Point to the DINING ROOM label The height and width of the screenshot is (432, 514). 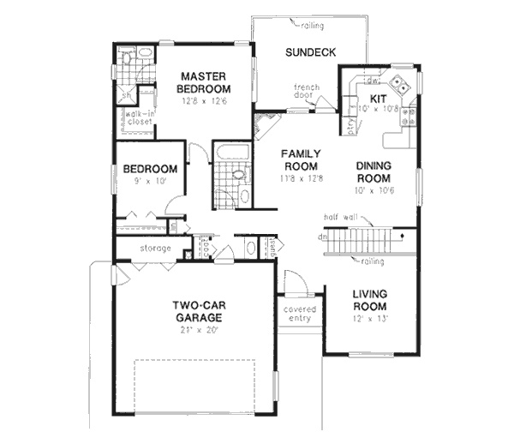click(x=379, y=172)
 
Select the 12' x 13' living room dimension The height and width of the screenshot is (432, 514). click(x=370, y=318)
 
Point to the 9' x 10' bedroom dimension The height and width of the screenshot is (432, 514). click(x=150, y=183)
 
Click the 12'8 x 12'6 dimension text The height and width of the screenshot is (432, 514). click(x=204, y=101)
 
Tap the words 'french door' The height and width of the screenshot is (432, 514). click(x=306, y=92)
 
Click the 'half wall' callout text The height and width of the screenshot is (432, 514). click(x=341, y=218)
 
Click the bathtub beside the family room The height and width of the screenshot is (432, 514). click(x=230, y=155)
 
